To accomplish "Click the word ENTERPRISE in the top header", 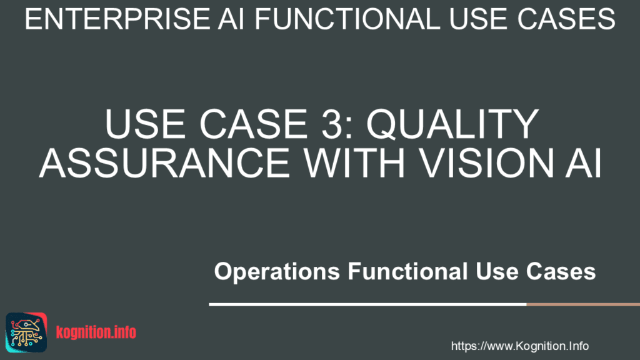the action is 117,19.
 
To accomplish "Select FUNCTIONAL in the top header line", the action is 347,19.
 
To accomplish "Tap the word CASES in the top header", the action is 566,19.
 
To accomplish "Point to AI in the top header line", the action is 231,19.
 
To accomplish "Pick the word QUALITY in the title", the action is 452,124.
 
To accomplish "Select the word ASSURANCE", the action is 164,163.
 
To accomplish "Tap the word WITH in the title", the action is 354,163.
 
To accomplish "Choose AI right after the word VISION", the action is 584,163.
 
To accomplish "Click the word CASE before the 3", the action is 253,124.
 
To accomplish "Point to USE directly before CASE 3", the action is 145,124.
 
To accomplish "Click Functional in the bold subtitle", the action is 407,271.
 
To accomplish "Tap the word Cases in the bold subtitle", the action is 561,271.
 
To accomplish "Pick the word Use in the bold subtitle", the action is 497,271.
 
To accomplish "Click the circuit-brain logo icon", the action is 26,332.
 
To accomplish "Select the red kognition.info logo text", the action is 96,332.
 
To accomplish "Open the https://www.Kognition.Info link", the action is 519,346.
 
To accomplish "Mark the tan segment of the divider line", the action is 583,304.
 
